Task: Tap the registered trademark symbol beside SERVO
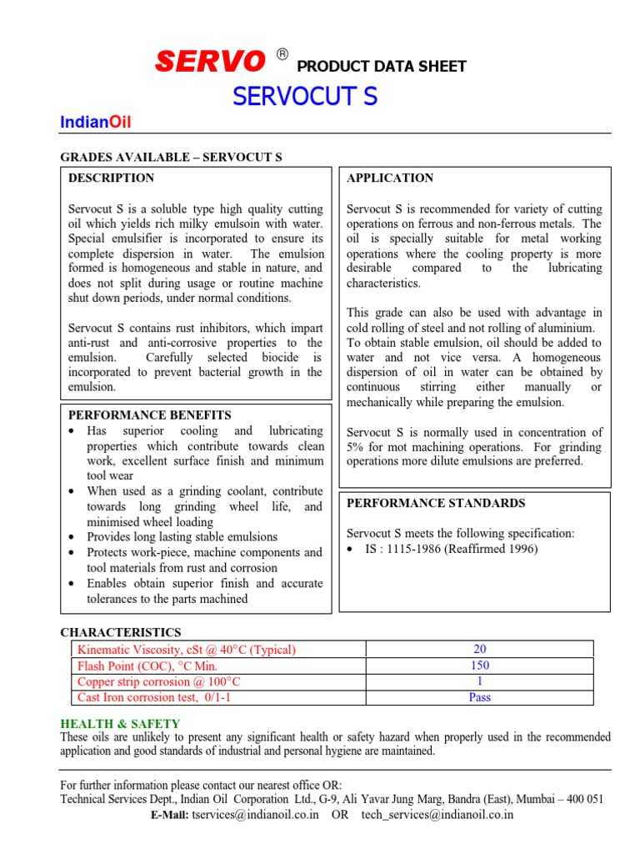(282, 55)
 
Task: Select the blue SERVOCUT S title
(305, 97)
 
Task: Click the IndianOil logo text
(96, 123)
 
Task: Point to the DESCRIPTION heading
(111, 178)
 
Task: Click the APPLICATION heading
(390, 178)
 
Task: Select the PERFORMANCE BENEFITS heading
(149, 414)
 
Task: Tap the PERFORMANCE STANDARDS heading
(436, 503)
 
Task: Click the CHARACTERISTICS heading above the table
(120, 633)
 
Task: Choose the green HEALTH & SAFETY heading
(120, 724)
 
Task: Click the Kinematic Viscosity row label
(186, 650)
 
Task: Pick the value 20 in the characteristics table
(480, 650)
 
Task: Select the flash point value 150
(480, 666)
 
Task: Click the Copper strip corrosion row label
(159, 681)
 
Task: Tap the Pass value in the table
(480, 697)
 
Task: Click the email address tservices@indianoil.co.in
(255, 815)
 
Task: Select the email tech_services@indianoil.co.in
(437, 815)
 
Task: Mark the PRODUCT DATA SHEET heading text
(382, 67)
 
